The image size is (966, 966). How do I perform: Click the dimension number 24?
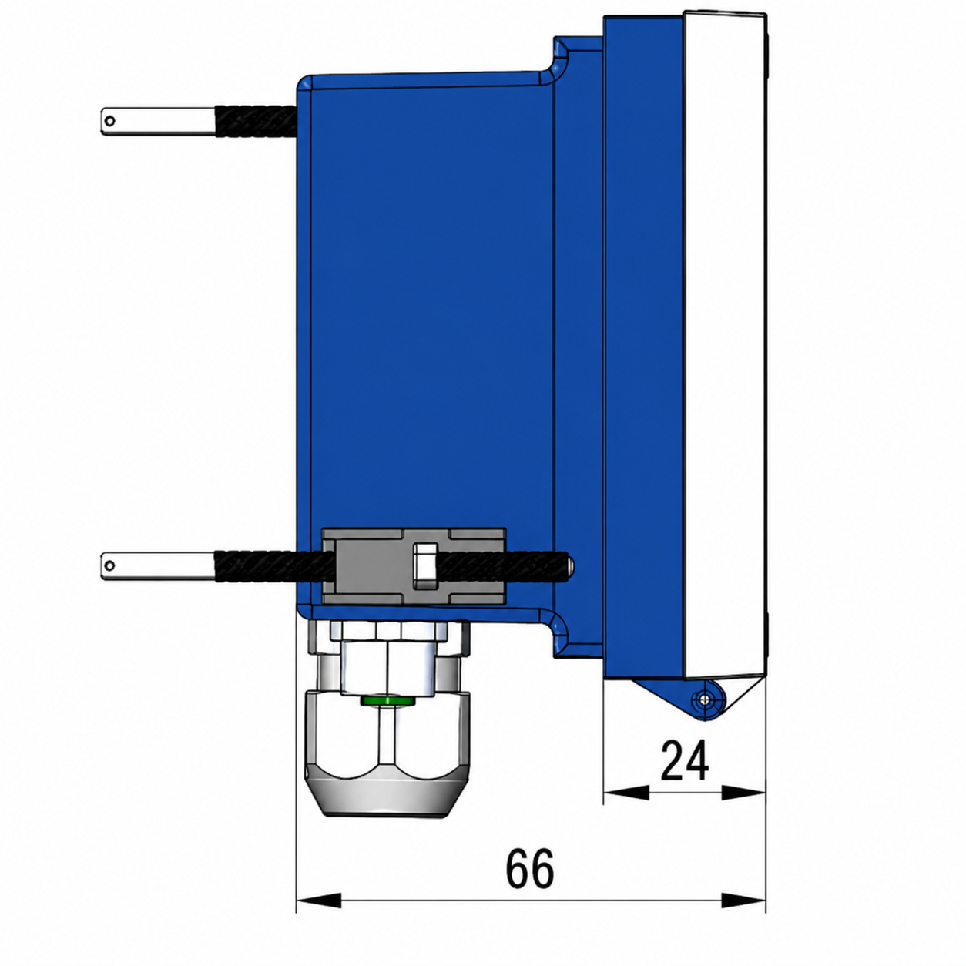click(684, 760)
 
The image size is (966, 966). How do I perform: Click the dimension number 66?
click(530, 868)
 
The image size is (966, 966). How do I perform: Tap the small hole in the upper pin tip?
click(111, 121)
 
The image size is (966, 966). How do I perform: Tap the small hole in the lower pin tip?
click(110, 566)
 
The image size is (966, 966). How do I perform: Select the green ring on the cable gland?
click(387, 699)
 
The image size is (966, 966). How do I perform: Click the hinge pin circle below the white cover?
click(706, 699)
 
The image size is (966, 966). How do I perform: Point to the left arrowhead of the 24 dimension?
click(626, 793)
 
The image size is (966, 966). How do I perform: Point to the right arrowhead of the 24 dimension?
click(743, 793)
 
